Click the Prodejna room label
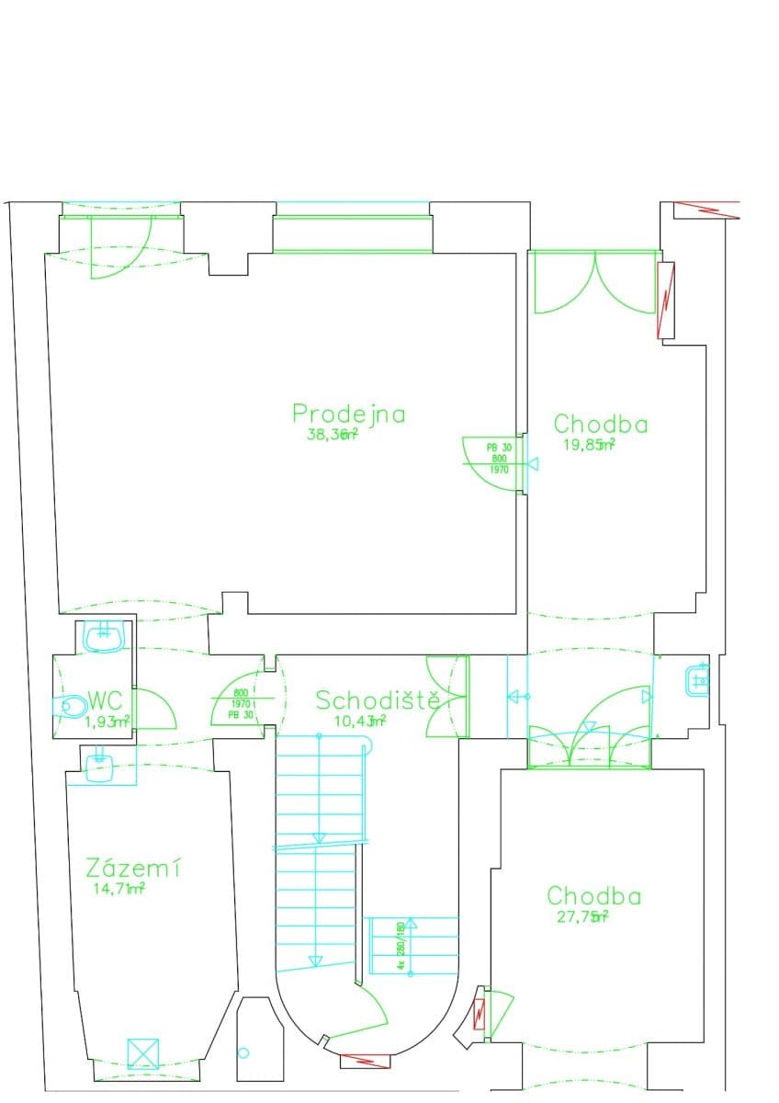tap(348, 414)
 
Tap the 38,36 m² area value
tap(331, 436)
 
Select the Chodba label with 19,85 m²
tap(600, 424)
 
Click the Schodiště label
tap(378, 700)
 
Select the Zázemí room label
tap(132, 868)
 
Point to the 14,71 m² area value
tap(119, 889)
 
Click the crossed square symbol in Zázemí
tap(142, 1053)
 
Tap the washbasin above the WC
tap(103, 636)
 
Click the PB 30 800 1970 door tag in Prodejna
tap(498, 458)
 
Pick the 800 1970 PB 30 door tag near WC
tap(242, 703)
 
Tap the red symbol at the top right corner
tap(707, 209)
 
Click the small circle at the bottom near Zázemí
tap(243, 1052)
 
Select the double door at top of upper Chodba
tap(595, 280)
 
